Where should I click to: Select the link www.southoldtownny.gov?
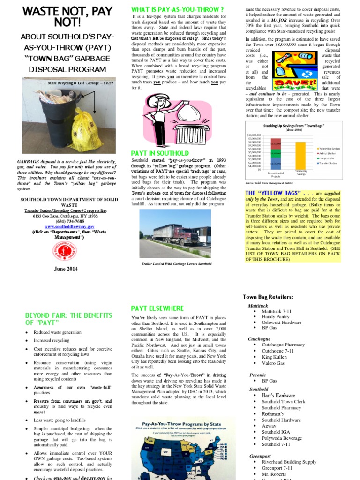[x=69, y=226]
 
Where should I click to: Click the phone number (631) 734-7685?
[x=69, y=221]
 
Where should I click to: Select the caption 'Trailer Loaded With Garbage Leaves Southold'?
[x=177, y=264]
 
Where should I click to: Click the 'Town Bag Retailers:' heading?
[x=268, y=297]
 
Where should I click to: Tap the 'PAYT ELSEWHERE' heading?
[x=157, y=308]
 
